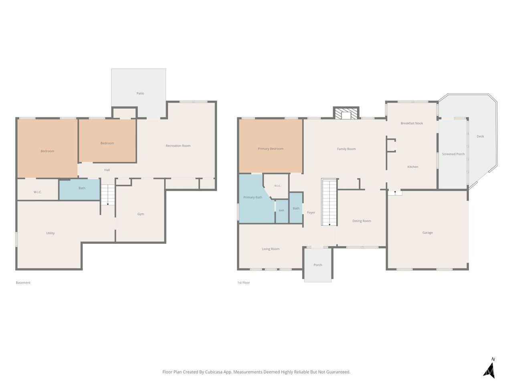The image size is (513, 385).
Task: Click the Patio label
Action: tap(140, 93)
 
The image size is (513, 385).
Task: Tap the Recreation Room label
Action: tap(178, 146)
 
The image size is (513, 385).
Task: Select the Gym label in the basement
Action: tap(140, 214)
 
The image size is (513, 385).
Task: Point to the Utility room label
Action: tap(50, 233)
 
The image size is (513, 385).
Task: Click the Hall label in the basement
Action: tap(107, 170)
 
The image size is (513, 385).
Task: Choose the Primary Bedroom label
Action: tap(271, 149)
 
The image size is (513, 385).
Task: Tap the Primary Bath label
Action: tap(252, 197)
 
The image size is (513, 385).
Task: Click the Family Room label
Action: tap(346, 149)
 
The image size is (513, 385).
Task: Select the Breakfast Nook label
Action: tap(412, 123)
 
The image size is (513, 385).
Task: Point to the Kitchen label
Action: tap(413, 167)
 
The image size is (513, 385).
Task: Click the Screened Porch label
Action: tap(453, 154)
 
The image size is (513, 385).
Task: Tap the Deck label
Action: tap(480, 136)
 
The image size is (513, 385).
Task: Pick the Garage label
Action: tap(428, 233)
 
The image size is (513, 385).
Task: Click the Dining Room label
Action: tap(362, 221)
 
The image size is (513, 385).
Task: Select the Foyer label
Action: tap(311, 213)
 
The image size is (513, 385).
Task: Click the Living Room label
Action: tap(271, 249)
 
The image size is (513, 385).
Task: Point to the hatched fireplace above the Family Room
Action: tap(346, 113)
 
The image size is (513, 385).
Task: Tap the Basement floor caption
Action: tap(23, 283)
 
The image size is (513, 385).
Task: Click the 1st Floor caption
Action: tap(244, 283)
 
